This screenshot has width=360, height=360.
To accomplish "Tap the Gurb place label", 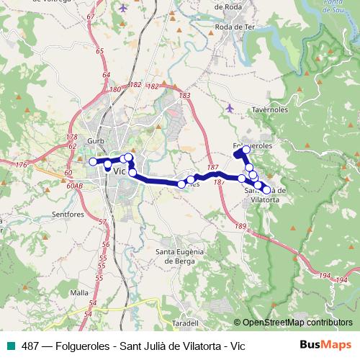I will (96, 140).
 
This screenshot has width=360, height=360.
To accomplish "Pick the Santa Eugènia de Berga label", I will (181, 256).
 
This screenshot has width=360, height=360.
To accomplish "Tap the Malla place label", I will (80, 293).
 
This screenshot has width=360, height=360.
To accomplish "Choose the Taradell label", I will (185, 323).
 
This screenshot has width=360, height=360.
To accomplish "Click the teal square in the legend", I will (9, 346).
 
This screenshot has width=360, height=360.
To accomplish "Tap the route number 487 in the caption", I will (30, 346).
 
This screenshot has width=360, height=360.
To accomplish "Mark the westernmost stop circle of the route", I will (92, 162).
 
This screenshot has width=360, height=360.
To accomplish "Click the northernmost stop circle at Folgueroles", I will (246, 150).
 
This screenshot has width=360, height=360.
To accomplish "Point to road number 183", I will (185, 95).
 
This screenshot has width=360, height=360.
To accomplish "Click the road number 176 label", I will (20, 166).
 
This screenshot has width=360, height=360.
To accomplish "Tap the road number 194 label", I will (325, 276).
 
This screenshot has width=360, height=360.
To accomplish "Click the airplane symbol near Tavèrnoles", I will (230, 108).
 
